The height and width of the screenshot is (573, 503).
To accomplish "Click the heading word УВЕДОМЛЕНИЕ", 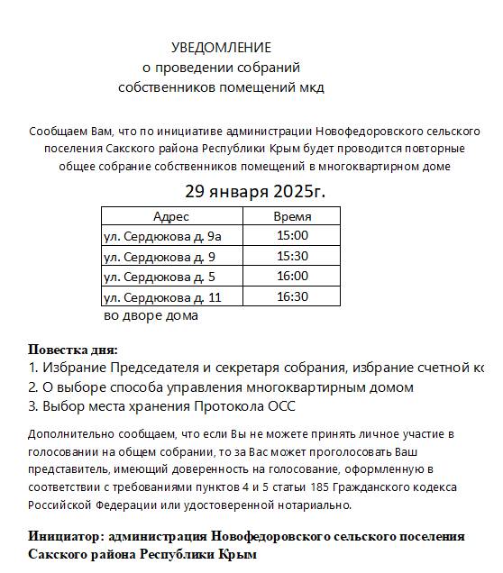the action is (x=221, y=47).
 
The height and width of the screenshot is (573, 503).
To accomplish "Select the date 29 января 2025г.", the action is (x=255, y=191).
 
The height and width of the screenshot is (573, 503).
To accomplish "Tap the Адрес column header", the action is (x=171, y=216).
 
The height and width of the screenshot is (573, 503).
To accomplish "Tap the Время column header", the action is (x=292, y=216).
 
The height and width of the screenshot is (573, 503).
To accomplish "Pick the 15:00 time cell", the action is (x=292, y=236).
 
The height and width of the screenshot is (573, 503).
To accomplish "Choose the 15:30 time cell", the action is (x=292, y=256).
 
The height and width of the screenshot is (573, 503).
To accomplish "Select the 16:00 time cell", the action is (x=292, y=277).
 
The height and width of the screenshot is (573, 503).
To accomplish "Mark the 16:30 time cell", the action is (x=292, y=296).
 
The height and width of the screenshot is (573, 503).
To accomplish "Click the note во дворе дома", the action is (x=151, y=315).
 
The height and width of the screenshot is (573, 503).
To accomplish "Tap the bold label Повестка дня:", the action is (x=73, y=350).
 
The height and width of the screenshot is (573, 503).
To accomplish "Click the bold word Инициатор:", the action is (x=65, y=536).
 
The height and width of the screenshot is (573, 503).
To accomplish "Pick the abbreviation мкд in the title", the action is (x=310, y=87).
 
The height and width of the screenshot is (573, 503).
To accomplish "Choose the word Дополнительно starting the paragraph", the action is (x=68, y=433).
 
